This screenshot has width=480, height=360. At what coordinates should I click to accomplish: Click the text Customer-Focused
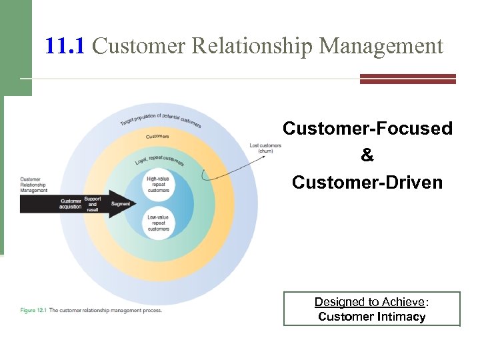367,128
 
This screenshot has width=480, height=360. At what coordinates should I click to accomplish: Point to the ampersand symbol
367,155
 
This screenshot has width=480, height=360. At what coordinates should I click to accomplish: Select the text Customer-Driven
367,182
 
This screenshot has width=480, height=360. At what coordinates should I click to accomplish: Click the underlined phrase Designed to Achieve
369,302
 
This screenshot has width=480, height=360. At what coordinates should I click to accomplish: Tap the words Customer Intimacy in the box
371,317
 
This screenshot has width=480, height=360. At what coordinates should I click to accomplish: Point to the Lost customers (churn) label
265,148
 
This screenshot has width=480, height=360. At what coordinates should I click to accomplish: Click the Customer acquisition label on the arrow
71,203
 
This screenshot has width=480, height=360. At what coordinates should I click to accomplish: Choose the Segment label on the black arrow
121,203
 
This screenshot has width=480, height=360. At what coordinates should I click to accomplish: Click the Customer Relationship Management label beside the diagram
34,185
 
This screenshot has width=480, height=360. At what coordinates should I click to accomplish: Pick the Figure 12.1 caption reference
33,310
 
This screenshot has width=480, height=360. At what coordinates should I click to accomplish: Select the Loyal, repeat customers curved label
159,161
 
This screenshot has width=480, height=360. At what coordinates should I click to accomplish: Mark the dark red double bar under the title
407,79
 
